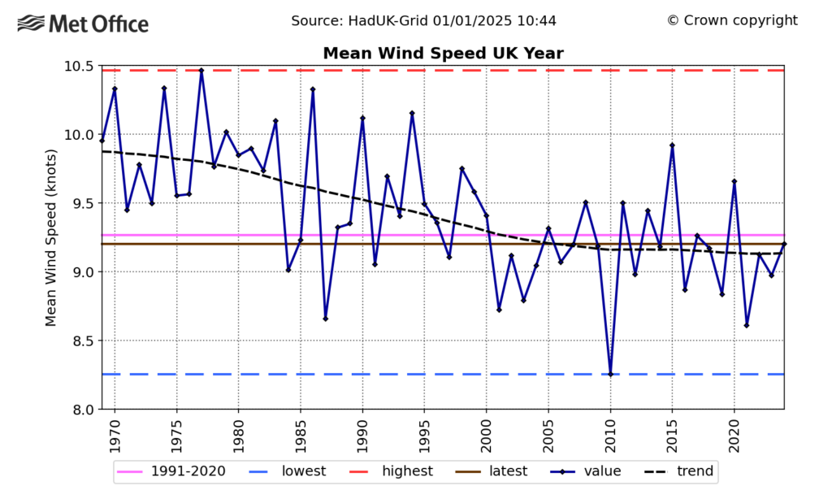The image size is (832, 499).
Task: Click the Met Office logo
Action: [83, 24]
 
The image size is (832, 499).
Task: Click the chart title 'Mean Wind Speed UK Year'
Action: [443, 54]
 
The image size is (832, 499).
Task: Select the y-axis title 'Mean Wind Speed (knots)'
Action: [51, 237]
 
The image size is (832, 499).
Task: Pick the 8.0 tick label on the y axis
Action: [77, 409]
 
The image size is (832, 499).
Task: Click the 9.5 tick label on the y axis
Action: [77, 203]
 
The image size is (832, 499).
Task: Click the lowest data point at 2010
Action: [610, 374]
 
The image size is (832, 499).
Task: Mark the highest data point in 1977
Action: [201, 71]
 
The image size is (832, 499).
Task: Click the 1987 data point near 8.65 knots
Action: [325, 319]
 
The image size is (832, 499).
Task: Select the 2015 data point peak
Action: [672, 145]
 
